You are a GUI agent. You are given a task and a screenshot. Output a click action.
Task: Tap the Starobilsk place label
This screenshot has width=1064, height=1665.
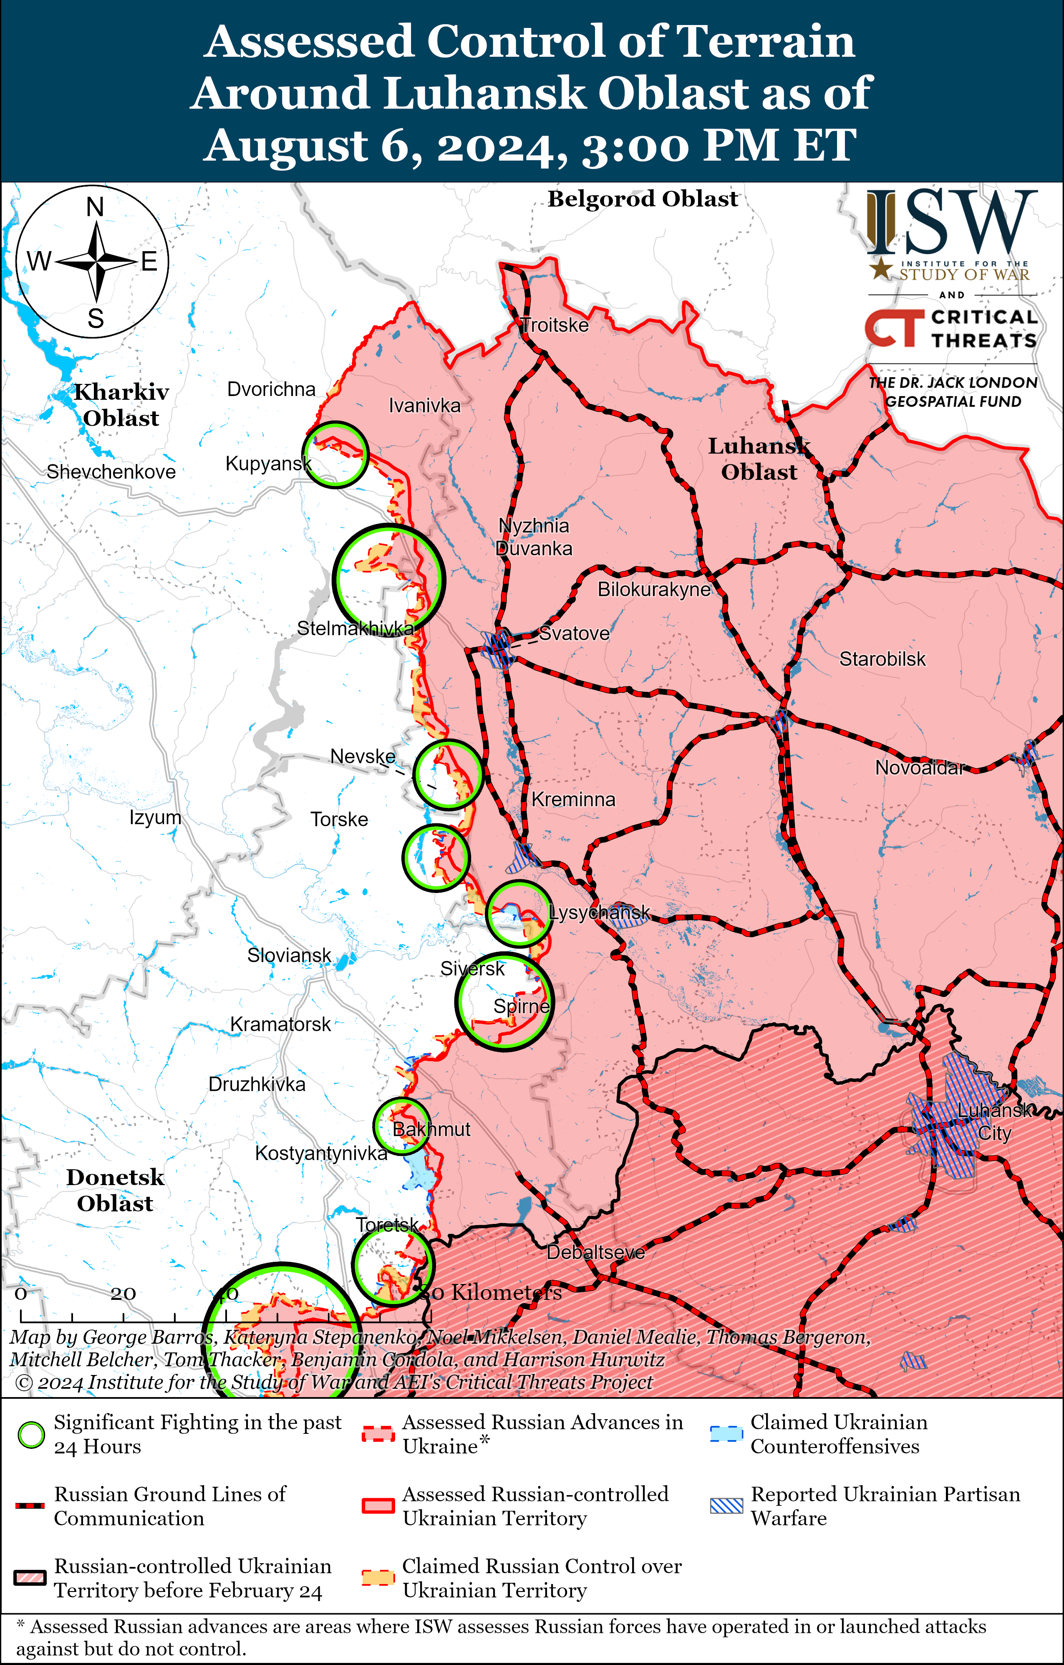[882, 659]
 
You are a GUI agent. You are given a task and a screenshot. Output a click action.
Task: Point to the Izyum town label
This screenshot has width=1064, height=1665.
[155, 817]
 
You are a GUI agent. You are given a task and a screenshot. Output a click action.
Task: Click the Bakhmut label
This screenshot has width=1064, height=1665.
[431, 1129]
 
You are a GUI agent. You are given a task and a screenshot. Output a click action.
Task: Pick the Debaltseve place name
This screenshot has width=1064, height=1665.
[595, 1252]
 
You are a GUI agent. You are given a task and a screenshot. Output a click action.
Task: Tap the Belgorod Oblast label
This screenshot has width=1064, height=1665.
[643, 199]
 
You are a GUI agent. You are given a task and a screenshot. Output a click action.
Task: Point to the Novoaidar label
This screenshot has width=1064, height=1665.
[919, 767]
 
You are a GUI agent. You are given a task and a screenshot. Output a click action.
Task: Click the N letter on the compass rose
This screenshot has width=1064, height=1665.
[96, 207]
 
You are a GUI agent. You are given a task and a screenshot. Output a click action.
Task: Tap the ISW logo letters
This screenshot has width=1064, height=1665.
[952, 223]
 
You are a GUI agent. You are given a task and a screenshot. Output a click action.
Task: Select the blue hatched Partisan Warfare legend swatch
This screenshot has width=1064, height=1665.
[726, 1506]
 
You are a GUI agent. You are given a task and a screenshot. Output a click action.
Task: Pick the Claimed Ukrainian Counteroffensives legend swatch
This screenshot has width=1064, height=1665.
[726, 1435]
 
